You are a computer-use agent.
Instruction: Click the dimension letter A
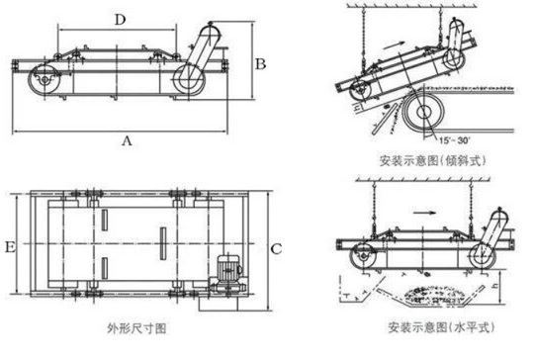tap(127, 140)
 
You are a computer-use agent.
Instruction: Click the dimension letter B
tap(260, 64)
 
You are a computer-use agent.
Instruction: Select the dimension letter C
tap(276, 249)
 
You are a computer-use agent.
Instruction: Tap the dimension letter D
tap(120, 20)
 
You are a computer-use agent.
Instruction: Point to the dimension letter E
tap(10, 246)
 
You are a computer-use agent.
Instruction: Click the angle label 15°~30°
tap(454, 140)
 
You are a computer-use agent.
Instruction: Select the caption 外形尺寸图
tap(136, 328)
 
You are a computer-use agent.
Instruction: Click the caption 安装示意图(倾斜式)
tap(432, 160)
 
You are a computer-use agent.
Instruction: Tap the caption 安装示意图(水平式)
tap(441, 327)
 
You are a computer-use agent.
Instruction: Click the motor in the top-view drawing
tap(229, 269)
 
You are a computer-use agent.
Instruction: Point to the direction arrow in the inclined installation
tap(394, 45)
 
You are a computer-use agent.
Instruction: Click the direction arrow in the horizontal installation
tap(424, 213)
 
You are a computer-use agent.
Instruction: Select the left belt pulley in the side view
tap(45, 79)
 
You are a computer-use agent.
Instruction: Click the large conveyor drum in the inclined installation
tap(423, 111)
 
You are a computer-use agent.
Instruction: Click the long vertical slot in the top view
tap(163, 243)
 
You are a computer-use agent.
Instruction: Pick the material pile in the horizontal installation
tap(433, 296)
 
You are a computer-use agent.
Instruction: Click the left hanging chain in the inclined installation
tap(363, 41)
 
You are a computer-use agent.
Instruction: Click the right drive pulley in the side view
tap(189, 79)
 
